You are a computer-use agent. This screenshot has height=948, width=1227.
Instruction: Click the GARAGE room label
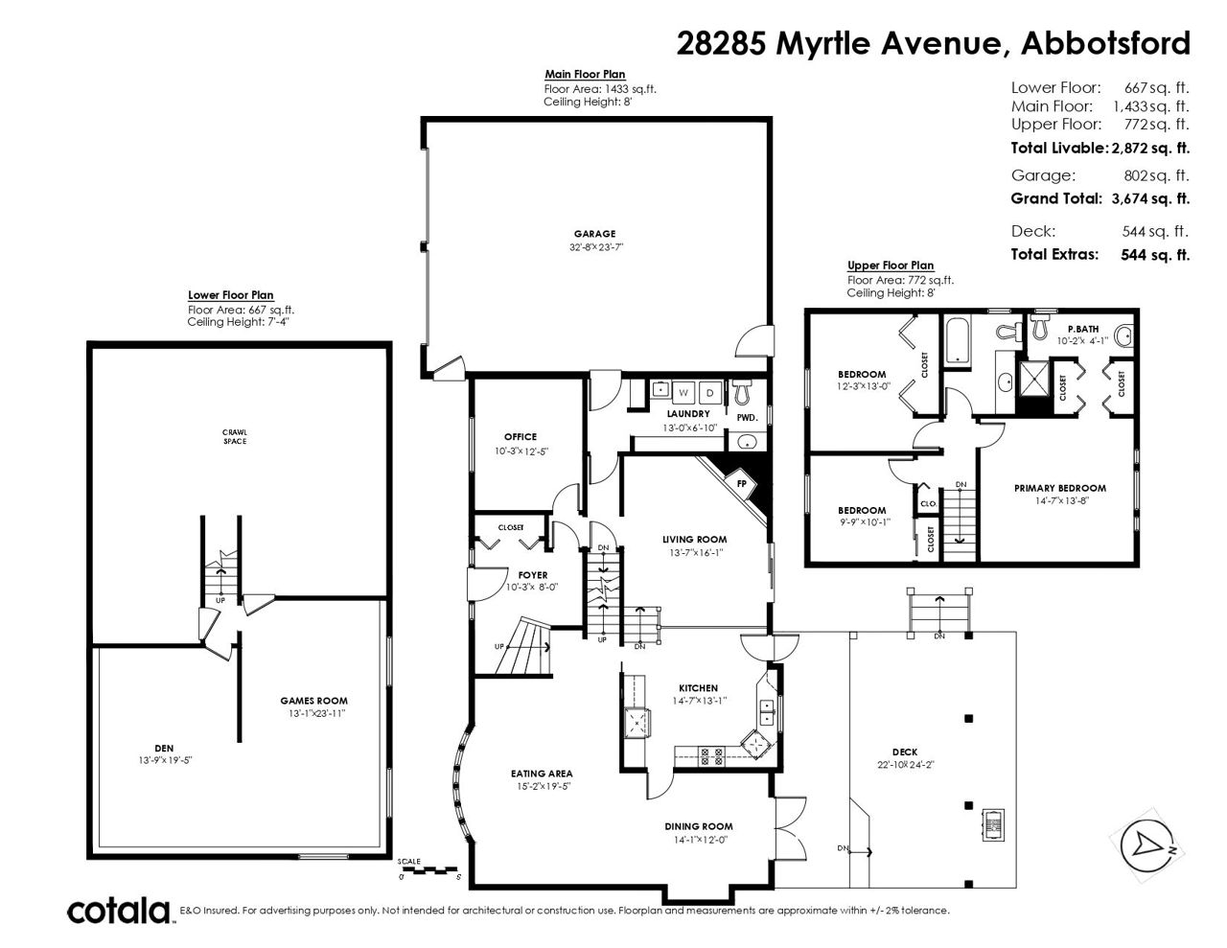pyautogui.click(x=594, y=234)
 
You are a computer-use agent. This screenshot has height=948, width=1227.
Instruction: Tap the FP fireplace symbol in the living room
pyautogui.click(x=741, y=484)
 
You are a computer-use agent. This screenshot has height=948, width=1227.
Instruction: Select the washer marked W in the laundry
pyautogui.click(x=683, y=393)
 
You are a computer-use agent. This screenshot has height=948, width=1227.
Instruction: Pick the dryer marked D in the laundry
pyautogui.click(x=710, y=393)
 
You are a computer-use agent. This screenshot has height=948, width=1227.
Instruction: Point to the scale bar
pyautogui.click(x=428, y=870)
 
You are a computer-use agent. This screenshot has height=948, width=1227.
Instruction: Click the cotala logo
pyautogui.click(x=119, y=911)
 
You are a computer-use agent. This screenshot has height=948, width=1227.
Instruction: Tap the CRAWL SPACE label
pyautogui.click(x=235, y=436)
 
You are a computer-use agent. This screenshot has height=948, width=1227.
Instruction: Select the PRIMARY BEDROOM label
pyautogui.click(x=1060, y=489)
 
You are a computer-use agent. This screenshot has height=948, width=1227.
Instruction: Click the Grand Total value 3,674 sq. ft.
pyautogui.click(x=1150, y=198)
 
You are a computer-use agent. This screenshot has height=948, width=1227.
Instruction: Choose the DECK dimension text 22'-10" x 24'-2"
pyautogui.click(x=905, y=765)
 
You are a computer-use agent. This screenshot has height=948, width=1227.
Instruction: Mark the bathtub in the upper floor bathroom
pyautogui.click(x=957, y=340)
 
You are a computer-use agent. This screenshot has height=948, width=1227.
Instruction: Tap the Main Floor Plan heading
pyautogui.click(x=585, y=75)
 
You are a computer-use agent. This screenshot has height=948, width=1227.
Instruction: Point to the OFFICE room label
pyautogui.click(x=521, y=437)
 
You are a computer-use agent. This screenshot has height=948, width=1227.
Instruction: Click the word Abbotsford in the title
pyautogui.click(x=1105, y=43)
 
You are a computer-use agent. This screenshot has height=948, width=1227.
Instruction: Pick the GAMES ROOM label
pyautogui.click(x=314, y=701)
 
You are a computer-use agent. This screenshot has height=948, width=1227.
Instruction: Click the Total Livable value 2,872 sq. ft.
pyautogui.click(x=1150, y=148)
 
